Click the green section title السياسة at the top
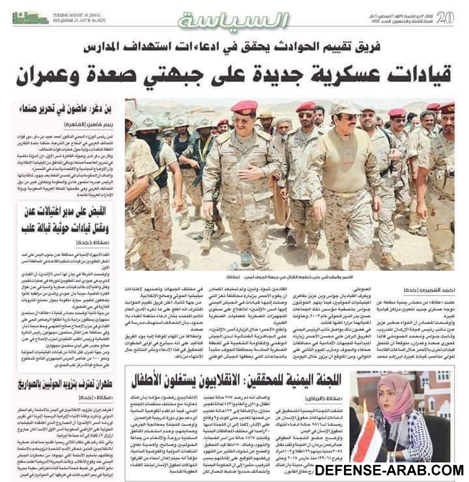coord(233,20)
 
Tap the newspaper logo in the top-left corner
coord(30,18)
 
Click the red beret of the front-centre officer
coord(244,107)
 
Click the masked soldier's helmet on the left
coord(147,123)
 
